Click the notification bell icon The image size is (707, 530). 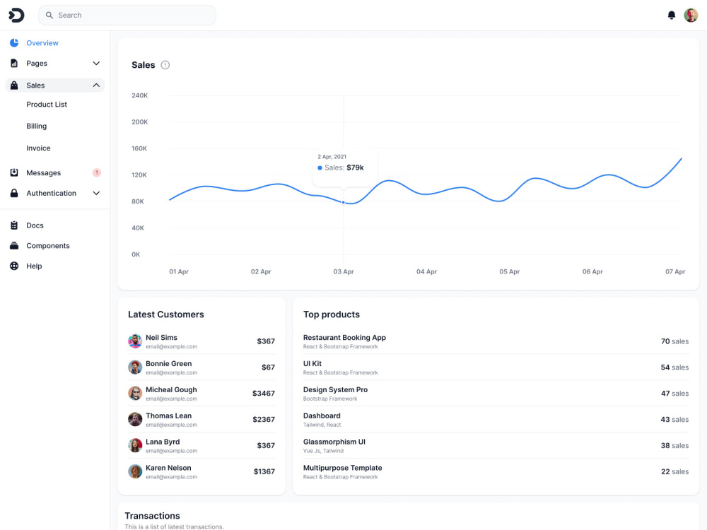[x=672, y=16]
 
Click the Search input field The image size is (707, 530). [x=127, y=16]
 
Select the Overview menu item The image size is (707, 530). [x=42, y=43]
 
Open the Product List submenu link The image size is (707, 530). [x=47, y=104]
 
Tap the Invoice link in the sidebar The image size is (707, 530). [x=38, y=148]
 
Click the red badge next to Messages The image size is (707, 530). [x=96, y=172]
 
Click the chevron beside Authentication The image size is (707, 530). [x=96, y=193]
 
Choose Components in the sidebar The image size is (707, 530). [x=48, y=246]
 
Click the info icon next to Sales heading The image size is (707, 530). [x=165, y=65]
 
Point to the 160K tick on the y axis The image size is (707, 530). [x=139, y=148]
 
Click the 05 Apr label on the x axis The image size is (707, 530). [x=510, y=271]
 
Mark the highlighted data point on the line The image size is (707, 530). [x=344, y=202]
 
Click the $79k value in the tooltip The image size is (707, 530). [x=356, y=167]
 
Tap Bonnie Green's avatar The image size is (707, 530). [x=135, y=367]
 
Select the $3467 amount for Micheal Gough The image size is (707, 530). [x=263, y=394]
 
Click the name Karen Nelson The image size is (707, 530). [x=168, y=468]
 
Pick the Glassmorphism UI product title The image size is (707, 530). [x=334, y=442]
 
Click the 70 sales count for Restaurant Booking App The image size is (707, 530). [x=674, y=341]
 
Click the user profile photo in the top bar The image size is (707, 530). [x=691, y=16]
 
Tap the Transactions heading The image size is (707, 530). [x=153, y=516]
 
